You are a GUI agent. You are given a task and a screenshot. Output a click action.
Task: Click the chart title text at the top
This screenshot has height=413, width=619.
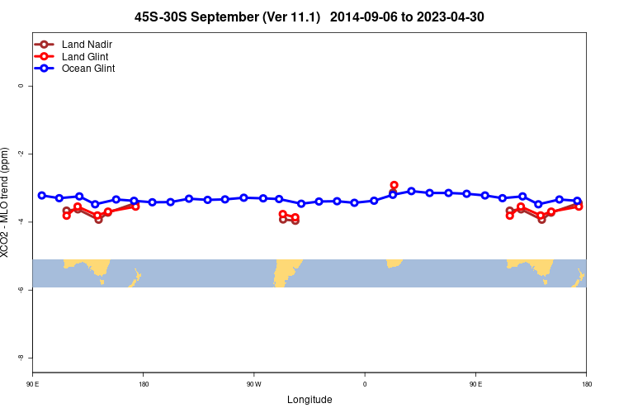pyautogui.click(x=309, y=17)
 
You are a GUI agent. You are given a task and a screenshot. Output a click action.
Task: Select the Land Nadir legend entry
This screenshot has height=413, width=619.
pyautogui.click(x=87, y=44)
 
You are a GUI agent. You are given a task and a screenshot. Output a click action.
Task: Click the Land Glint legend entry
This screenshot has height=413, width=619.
pyautogui.click(x=85, y=56)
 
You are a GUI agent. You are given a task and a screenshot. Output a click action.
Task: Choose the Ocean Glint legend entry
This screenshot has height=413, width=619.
pyautogui.click(x=88, y=69)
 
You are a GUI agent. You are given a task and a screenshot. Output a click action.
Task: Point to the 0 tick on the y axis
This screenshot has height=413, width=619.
pyautogui.click(x=21, y=86)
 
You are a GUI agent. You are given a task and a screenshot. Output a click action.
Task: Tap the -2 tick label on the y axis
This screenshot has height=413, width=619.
pyautogui.click(x=21, y=154)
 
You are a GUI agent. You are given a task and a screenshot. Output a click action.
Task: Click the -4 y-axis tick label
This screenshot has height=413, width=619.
pyautogui.click(x=21, y=221)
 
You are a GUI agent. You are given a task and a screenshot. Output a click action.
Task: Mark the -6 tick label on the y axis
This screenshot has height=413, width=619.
pyautogui.click(x=21, y=289)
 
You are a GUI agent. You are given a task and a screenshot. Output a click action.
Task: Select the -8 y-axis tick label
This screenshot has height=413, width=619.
pyautogui.click(x=21, y=357)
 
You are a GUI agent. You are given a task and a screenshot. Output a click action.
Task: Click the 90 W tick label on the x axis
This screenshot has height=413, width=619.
pyautogui.click(x=253, y=384)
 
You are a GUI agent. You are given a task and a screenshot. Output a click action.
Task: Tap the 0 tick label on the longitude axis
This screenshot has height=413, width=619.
pyautogui.click(x=365, y=384)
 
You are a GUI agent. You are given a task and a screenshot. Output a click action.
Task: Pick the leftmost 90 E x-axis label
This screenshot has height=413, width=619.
pyautogui.click(x=33, y=384)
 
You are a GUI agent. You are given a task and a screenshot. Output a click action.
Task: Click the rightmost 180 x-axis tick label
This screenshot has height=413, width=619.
pyautogui.click(x=586, y=384)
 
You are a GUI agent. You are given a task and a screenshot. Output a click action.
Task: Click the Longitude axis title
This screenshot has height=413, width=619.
pyautogui.click(x=309, y=400)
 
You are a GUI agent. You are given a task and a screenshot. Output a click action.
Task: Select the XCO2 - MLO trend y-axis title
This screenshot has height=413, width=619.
pyautogui.click(x=7, y=202)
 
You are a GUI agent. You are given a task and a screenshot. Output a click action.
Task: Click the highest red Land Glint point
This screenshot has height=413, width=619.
pyautogui.click(x=394, y=185)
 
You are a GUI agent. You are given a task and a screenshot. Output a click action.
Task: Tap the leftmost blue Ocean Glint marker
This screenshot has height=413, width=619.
pyautogui.click(x=41, y=195)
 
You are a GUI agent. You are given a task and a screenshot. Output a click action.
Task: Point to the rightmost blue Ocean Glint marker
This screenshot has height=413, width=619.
pyautogui.click(x=577, y=201)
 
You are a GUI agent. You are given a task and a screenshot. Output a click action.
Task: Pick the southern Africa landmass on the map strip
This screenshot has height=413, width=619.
pyautogui.click(x=394, y=263)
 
